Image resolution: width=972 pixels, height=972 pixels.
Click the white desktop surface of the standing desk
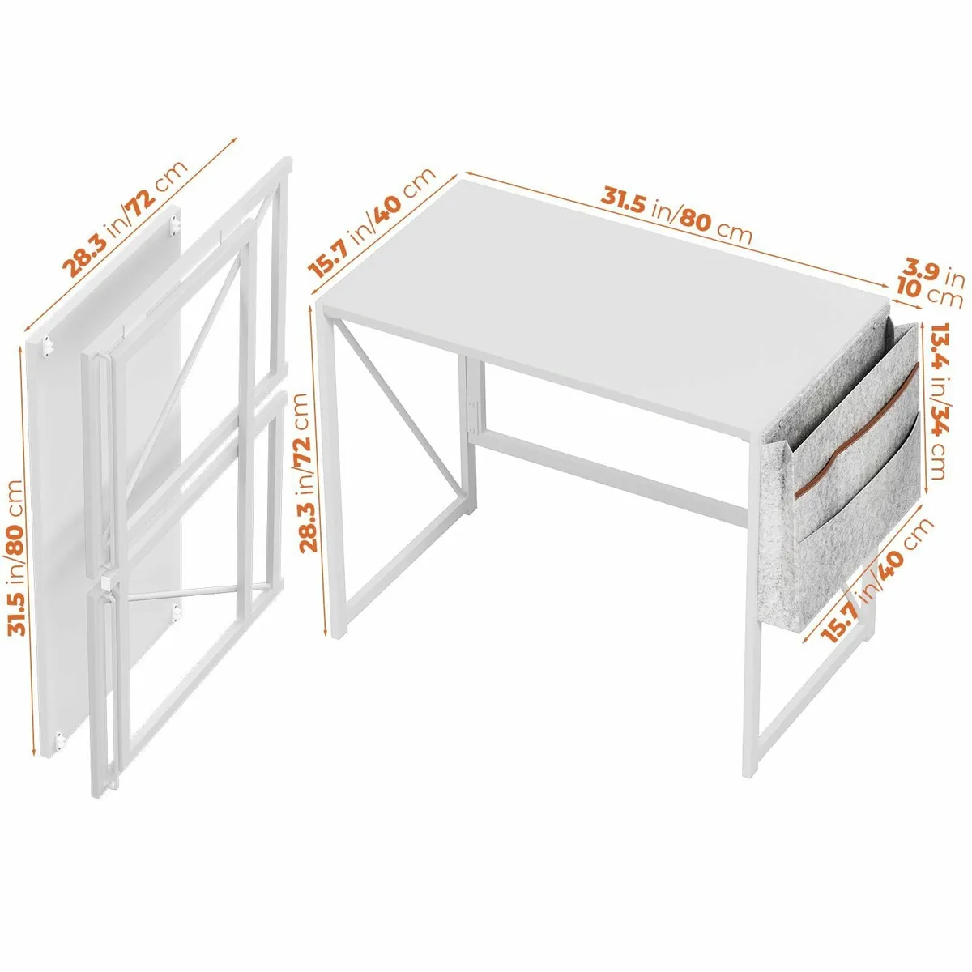(x=599, y=300)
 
